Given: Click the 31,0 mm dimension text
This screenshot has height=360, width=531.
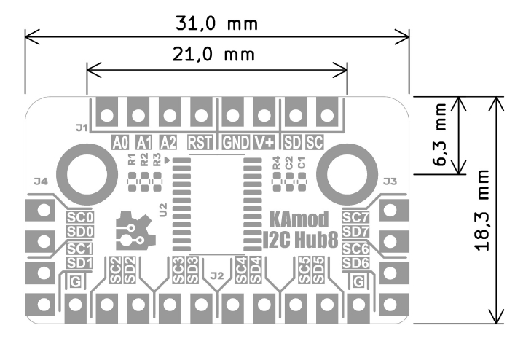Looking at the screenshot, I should tap(217, 23).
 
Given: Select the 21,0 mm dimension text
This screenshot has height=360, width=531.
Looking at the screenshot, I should tap(217, 54).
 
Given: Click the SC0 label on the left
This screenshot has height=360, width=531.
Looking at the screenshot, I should tap(79, 217).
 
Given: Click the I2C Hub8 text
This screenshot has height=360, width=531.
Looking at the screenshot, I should tap(297, 238).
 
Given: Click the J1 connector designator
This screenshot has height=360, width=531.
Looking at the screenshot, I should tap(81, 128).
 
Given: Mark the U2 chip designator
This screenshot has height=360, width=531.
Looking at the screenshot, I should tap(162, 212).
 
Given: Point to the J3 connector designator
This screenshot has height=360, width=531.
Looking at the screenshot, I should tap(390, 181).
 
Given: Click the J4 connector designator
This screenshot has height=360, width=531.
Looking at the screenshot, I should tap(41, 181).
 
